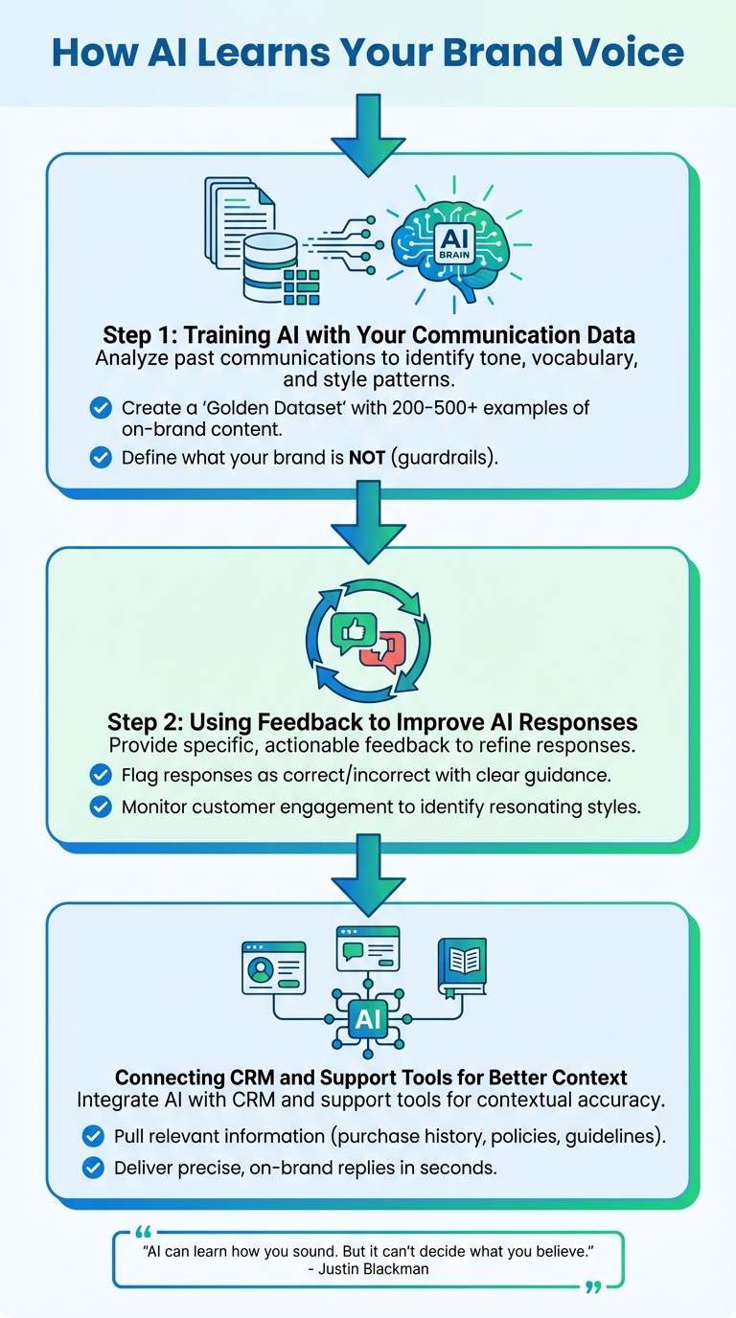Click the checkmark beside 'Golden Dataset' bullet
pyautogui.click(x=100, y=408)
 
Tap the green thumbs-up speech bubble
pyautogui.click(x=352, y=632)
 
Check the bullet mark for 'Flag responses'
pyautogui.click(x=100, y=774)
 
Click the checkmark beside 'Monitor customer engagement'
pyautogui.click(x=100, y=807)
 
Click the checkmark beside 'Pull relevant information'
pyautogui.click(x=93, y=1136)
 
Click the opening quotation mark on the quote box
pyautogui.click(x=144, y=1232)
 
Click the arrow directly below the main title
pyautogui.click(x=368, y=135)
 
